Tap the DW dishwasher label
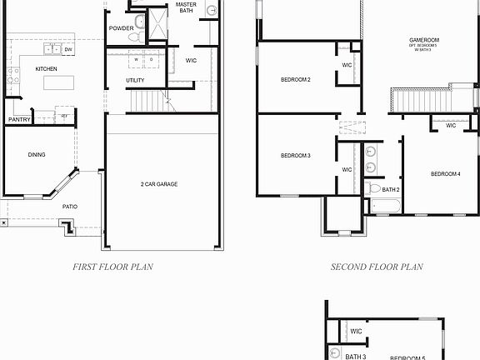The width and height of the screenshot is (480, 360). click(67, 50)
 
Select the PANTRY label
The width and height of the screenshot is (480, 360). click(19, 120)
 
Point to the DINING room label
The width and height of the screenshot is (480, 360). click(37, 154)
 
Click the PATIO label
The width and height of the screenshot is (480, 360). click(70, 206)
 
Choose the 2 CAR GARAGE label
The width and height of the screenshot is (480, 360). click(159, 184)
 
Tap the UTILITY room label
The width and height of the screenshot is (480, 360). click(135, 81)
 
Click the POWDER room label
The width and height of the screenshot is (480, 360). click(121, 28)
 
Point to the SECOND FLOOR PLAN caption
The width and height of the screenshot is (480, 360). click(377, 267)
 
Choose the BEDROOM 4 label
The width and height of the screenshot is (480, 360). click(445, 174)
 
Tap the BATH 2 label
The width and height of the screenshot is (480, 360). click(392, 190)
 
